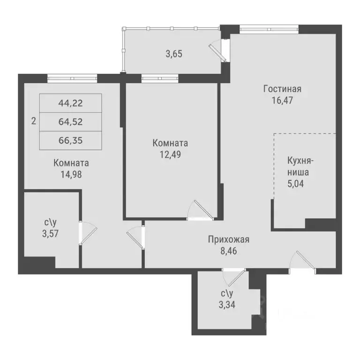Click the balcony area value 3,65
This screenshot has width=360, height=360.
point(174,53)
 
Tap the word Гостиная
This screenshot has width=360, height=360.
point(282,89)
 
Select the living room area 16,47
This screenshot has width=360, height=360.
point(282,100)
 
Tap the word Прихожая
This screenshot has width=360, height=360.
point(229,240)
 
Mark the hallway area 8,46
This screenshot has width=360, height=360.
point(229,251)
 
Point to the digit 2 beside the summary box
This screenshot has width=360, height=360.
point(33,121)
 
